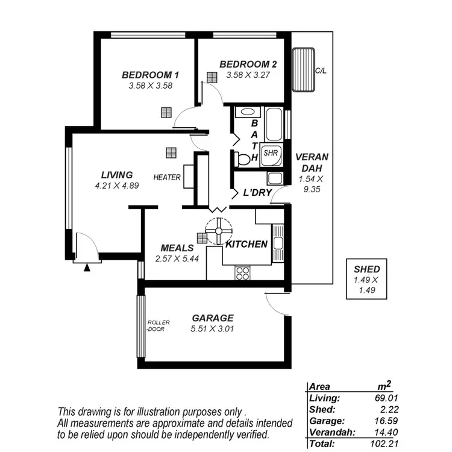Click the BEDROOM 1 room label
pos(150,75)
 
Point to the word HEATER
pos(167,178)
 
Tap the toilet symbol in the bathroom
pos(242,159)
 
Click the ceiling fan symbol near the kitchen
pos(218,230)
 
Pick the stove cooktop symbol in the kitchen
pos(243,273)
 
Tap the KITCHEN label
pos(246,244)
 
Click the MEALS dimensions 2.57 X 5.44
pos(177,259)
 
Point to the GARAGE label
pos(212,318)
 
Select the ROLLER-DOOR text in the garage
pos(159,325)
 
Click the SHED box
pos(366,278)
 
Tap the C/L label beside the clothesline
pos(321,71)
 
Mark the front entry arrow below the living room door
pos(87,268)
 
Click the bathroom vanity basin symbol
pos(245,111)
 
